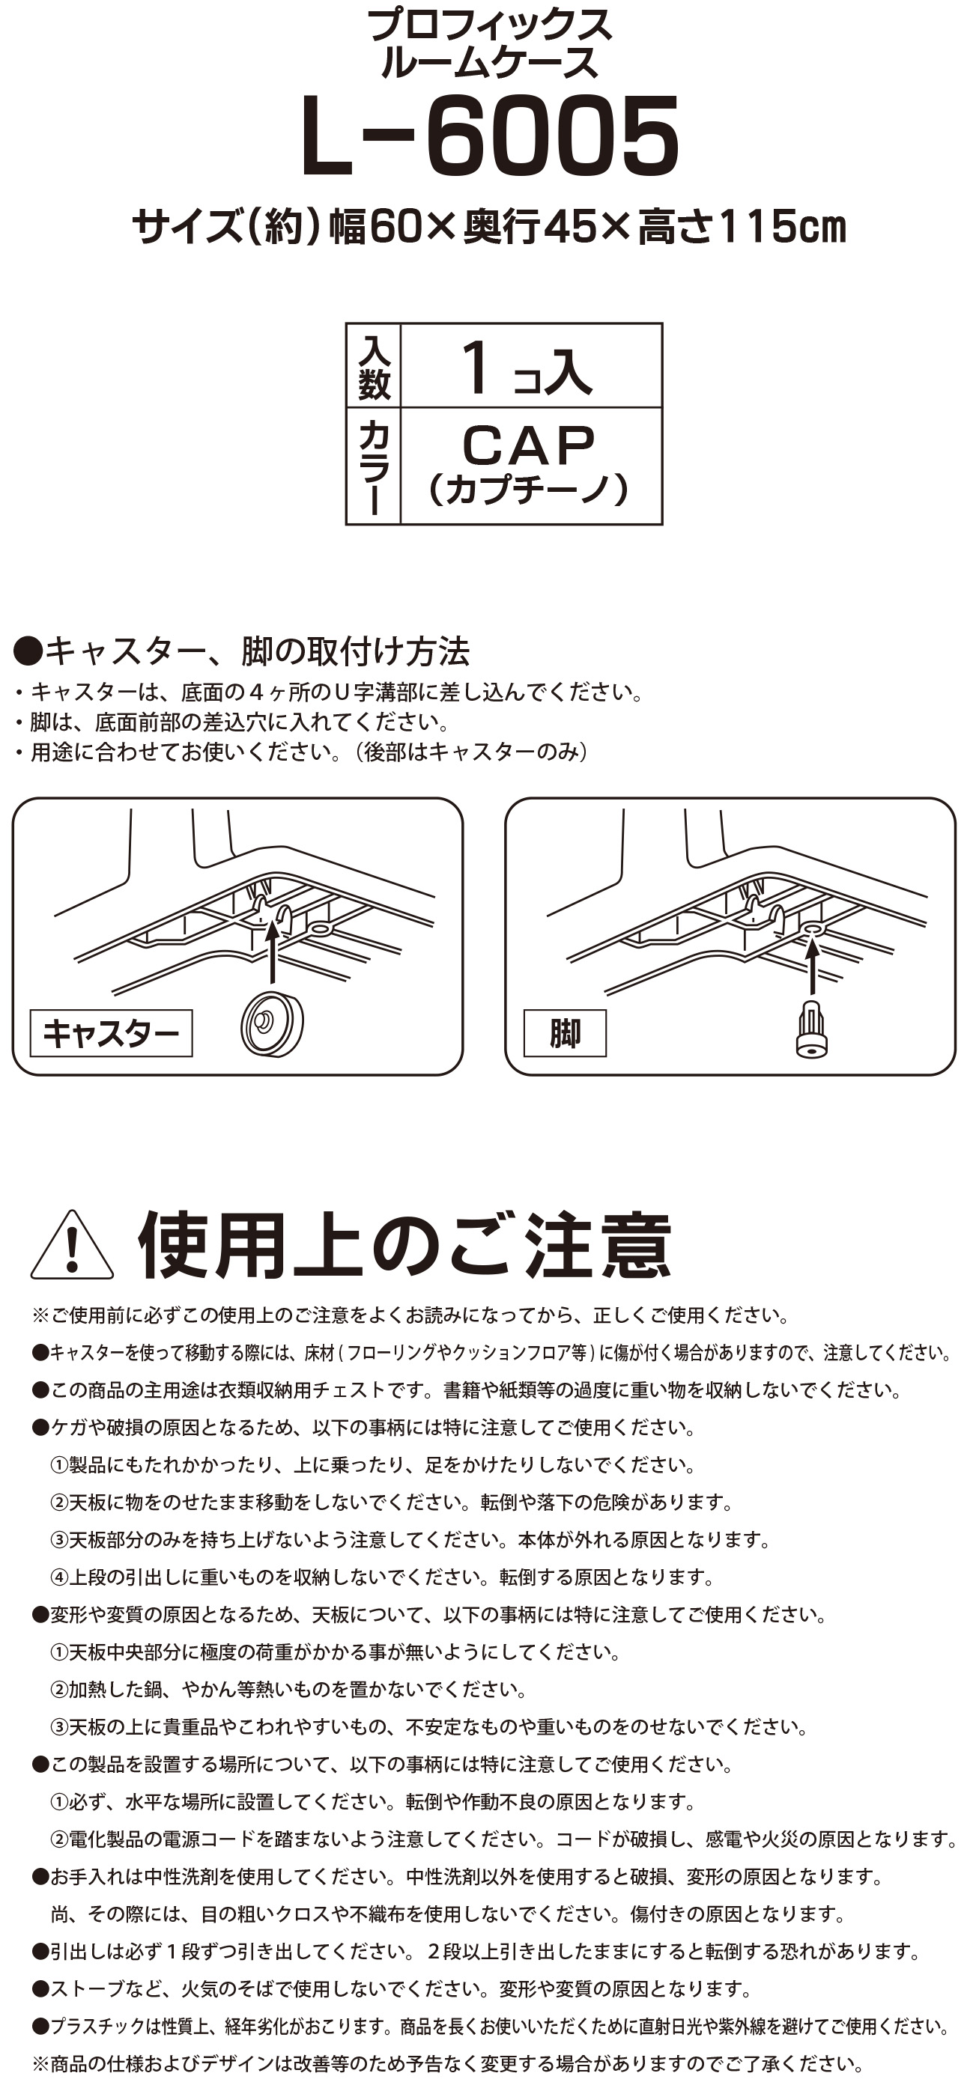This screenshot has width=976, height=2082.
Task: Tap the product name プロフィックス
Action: click(x=489, y=26)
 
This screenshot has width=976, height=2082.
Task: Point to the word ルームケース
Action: click(x=489, y=63)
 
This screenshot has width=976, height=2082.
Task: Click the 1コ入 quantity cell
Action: click(x=531, y=366)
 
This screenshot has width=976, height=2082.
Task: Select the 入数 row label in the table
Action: click(x=374, y=366)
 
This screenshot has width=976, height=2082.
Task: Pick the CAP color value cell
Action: click(x=531, y=466)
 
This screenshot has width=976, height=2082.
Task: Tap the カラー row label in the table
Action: click(x=374, y=466)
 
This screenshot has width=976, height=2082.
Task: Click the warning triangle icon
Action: click(x=71, y=1246)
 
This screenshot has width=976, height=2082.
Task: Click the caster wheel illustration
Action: click(x=272, y=1023)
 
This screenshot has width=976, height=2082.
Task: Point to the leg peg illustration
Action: click(x=811, y=1029)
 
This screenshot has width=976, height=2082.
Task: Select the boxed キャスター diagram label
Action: click(x=111, y=1033)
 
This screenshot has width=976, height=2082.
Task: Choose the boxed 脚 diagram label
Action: click(x=565, y=1033)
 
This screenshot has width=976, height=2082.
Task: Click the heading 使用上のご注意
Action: click(x=404, y=1246)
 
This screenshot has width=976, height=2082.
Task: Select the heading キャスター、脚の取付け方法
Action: click(x=242, y=651)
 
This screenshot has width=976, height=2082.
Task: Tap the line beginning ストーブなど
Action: click(x=393, y=1988)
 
